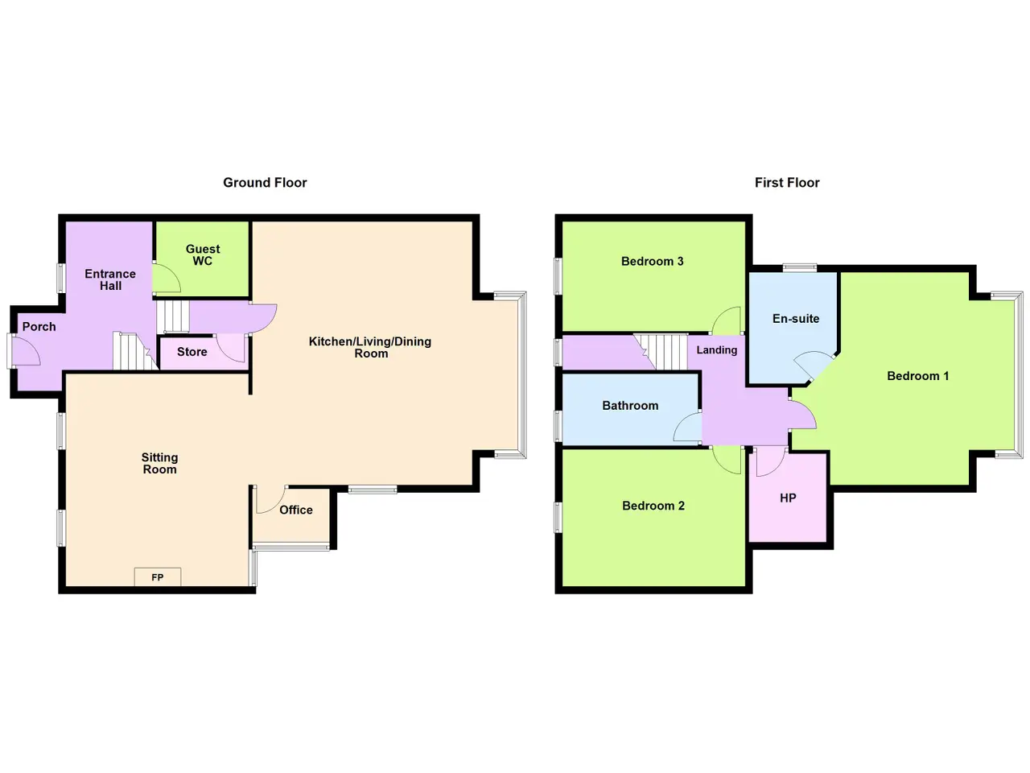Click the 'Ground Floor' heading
tap(265, 183)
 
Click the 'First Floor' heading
tap(787, 183)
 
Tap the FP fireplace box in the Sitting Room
tap(157, 577)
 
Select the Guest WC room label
tap(203, 255)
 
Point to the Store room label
tap(192, 352)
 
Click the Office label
tap(295, 510)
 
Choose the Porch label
tap(39, 327)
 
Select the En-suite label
tap(796, 319)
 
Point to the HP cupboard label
tap(788, 498)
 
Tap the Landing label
tap(716, 350)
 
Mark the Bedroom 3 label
tap(653, 262)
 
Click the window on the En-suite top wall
tap(800, 267)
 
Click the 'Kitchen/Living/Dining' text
tap(370, 341)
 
